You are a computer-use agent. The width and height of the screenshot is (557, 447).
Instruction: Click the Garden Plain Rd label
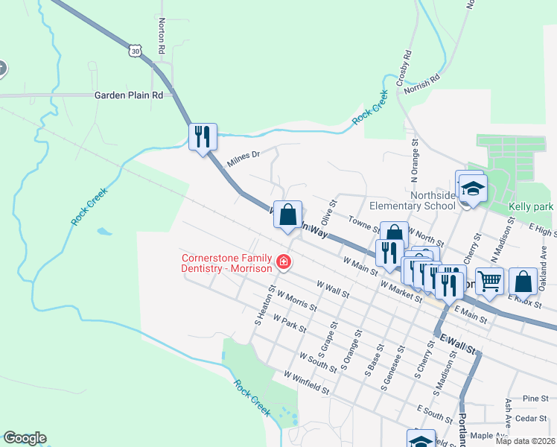128,95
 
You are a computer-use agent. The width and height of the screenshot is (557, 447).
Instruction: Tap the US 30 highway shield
134,50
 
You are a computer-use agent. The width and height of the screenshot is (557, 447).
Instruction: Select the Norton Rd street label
161,36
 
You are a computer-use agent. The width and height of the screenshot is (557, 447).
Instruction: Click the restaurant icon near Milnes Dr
203,136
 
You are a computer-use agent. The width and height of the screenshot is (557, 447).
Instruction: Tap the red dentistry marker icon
283,261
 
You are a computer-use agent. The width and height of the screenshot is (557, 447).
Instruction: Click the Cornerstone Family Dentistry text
226,263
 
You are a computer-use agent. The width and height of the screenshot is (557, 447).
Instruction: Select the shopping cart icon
489,281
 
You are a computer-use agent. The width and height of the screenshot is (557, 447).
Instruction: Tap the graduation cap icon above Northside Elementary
471,188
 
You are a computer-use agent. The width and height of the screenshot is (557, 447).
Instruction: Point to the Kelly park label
531,206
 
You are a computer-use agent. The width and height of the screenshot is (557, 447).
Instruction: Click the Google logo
25,438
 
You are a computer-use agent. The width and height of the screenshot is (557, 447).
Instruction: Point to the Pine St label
535,399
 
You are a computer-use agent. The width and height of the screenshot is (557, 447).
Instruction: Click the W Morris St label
296,301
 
